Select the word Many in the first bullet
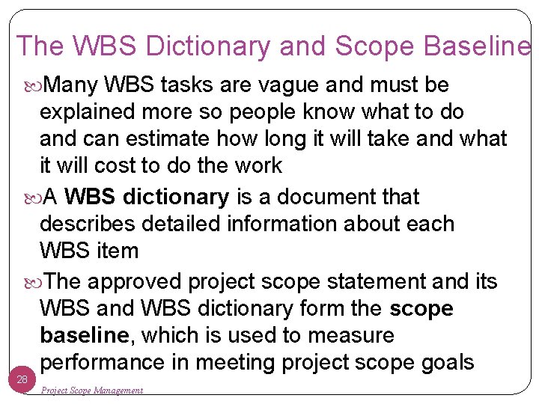pyautogui.click(x=72, y=85)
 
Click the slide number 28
pyautogui.click(x=22, y=380)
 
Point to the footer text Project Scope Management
pyautogui.click(x=92, y=391)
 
